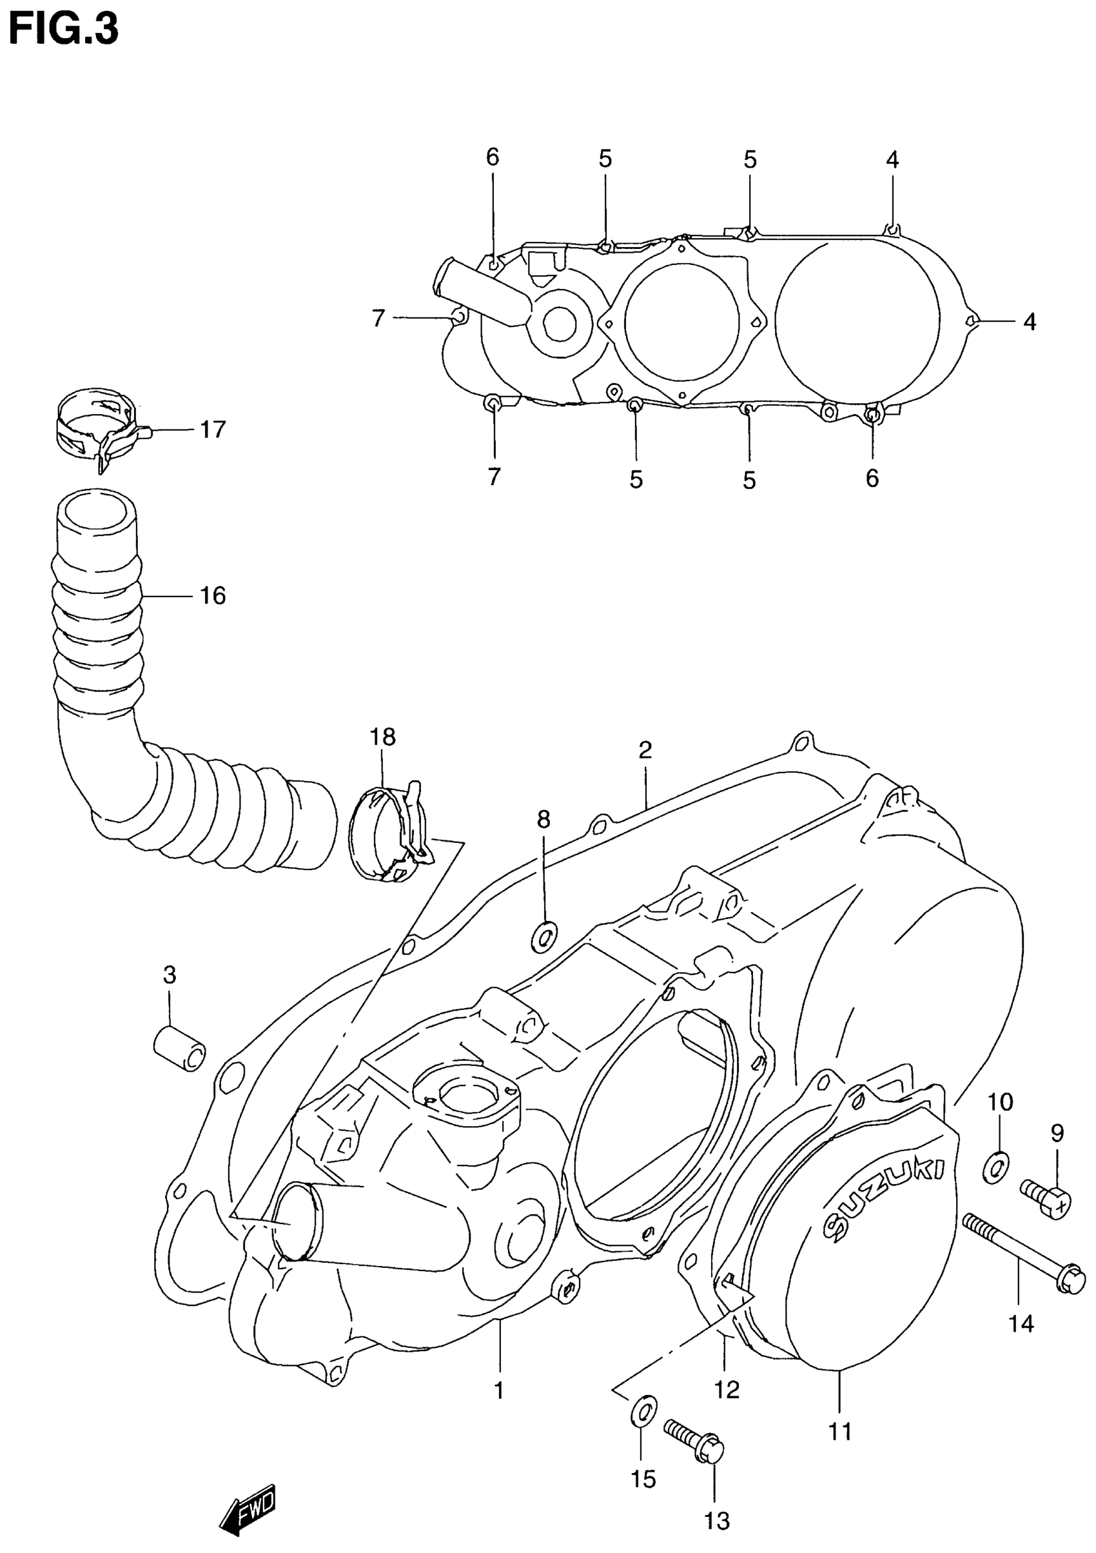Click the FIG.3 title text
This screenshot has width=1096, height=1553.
(x=64, y=30)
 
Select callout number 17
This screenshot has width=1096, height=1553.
(x=212, y=430)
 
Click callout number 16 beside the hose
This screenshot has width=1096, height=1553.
(x=211, y=596)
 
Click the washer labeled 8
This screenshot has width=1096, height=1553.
(x=544, y=937)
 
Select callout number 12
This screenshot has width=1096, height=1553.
(x=727, y=1390)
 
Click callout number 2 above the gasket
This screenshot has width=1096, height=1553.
(x=644, y=750)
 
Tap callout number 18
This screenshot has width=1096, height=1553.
(x=383, y=737)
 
